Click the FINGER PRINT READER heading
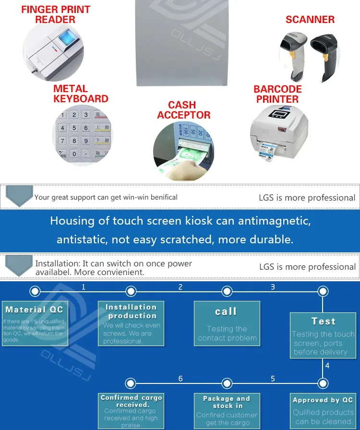[x=55, y=14]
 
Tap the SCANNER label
[x=310, y=20]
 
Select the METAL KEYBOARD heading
[x=81, y=94]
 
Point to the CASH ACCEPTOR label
[x=183, y=110]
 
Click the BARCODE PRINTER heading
[x=277, y=94]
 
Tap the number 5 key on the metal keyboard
[x=74, y=128]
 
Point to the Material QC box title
[x=34, y=310]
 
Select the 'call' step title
[x=226, y=311]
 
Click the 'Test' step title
[x=323, y=321]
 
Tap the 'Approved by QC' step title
[x=323, y=400]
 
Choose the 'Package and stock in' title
[x=227, y=402]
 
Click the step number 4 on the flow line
[x=327, y=365]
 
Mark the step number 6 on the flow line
[x=180, y=379]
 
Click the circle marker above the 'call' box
[x=227, y=291]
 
